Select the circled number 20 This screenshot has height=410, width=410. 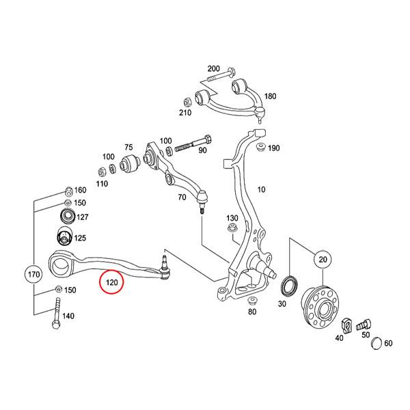323,260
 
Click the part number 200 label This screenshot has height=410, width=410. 214,68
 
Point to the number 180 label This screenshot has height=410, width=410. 270,96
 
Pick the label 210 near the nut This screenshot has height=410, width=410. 185,113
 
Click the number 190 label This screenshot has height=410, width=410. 274,148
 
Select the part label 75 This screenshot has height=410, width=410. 128,148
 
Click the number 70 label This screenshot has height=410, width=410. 182,197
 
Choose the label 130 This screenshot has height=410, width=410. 232,219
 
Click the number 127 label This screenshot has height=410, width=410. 83,217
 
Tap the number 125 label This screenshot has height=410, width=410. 80,238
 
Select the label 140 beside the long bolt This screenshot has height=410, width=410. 68,316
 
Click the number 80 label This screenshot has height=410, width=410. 252,312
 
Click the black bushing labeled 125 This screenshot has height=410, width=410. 64,239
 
